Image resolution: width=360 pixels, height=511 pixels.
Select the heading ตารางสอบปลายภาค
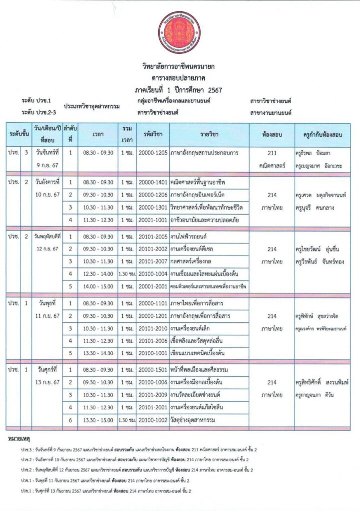click(x=180, y=78)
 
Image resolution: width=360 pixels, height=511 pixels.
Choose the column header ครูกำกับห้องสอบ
click(x=322, y=134)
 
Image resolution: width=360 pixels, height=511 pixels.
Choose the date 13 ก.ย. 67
click(x=48, y=382)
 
